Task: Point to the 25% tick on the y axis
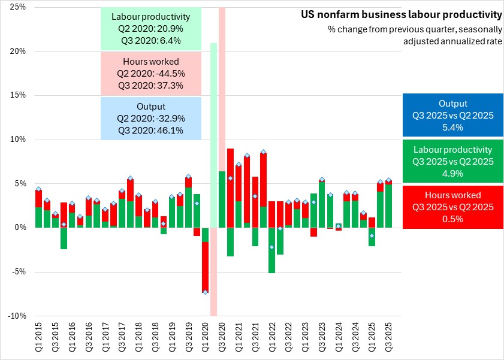point(17,7)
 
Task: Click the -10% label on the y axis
point(16,316)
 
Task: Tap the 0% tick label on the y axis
point(20,228)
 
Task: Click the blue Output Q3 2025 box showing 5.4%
point(453,116)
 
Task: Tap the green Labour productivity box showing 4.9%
point(453,161)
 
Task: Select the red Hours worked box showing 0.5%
point(453,207)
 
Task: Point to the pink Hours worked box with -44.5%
point(151,73)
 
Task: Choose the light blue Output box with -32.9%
point(151,118)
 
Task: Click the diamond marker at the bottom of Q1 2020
point(205,292)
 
